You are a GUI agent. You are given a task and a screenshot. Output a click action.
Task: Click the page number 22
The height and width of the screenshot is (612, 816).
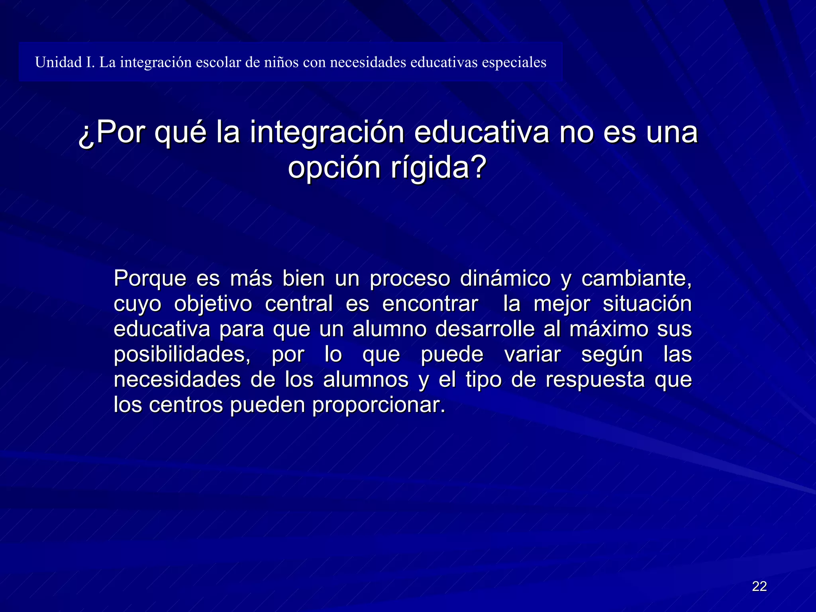pyautogui.click(x=759, y=586)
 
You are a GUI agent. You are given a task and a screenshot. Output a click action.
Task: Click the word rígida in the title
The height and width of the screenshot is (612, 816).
pyautogui.click(x=438, y=168)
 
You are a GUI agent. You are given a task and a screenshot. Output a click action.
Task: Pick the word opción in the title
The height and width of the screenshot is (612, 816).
pyautogui.click(x=334, y=168)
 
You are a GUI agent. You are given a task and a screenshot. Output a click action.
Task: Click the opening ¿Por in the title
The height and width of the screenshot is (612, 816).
pyautogui.click(x=112, y=133)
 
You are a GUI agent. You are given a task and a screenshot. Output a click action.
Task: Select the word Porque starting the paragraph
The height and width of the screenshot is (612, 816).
pyautogui.click(x=150, y=279)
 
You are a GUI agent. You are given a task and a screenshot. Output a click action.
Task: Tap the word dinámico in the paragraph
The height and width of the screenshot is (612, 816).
pyautogui.click(x=505, y=278)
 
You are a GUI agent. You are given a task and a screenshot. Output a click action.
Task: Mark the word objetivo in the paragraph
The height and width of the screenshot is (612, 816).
pyautogui.click(x=213, y=304)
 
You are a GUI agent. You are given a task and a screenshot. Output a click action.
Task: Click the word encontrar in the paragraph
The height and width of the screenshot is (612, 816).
pyautogui.click(x=430, y=304)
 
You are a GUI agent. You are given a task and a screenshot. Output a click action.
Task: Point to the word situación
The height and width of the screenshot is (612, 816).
pyautogui.click(x=647, y=304)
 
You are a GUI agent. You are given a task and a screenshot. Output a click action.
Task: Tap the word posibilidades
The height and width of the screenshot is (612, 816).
pyautogui.click(x=182, y=354)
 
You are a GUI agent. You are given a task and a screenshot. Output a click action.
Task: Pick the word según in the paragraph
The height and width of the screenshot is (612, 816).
pyautogui.click(x=612, y=355)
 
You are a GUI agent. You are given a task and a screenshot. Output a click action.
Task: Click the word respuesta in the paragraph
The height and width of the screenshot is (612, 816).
pyautogui.click(x=595, y=380)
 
